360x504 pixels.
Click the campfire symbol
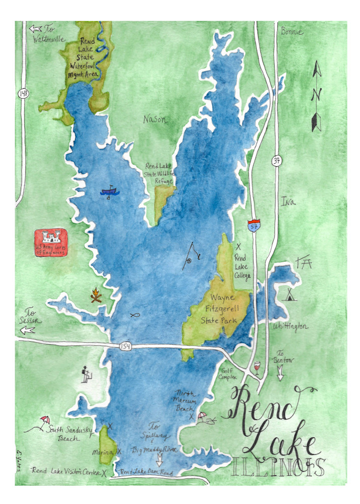click(96, 295)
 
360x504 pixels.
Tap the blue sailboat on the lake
click(109, 191)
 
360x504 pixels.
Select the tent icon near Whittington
click(290, 294)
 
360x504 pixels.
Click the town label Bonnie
click(292, 32)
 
